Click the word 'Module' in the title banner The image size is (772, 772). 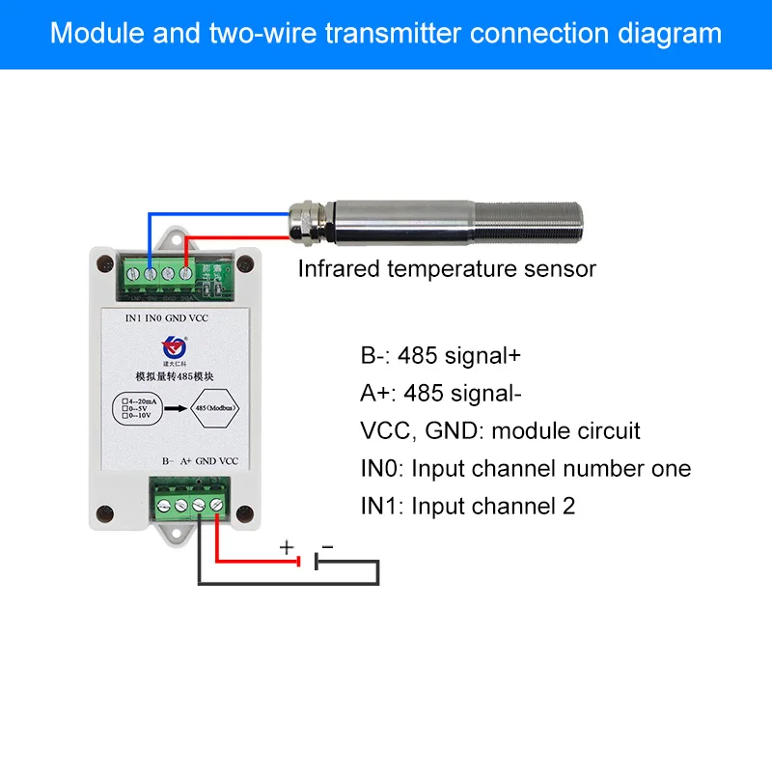pyautogui.click(x=93, y=34)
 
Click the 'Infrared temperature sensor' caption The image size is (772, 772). pyautogui.click(x=446, y=269)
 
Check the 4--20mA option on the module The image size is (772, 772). pyautogui.click(x=137, y=399)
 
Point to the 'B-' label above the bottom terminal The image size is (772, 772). pyautogui.click(x=167, y=461)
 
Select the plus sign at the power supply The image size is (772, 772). pyautogui.click(x=287, y=547)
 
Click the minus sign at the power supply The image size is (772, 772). pyautogui.click(x=327, y=547)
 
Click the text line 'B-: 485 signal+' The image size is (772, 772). pyautogui.click(x=440, y=355)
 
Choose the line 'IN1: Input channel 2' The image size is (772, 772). pyautogui.click(x=467, y=506)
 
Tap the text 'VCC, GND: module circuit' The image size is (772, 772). pyautogui.click(x=500, y=430)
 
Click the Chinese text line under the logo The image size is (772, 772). pyautogui.click(x=175, y=375)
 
